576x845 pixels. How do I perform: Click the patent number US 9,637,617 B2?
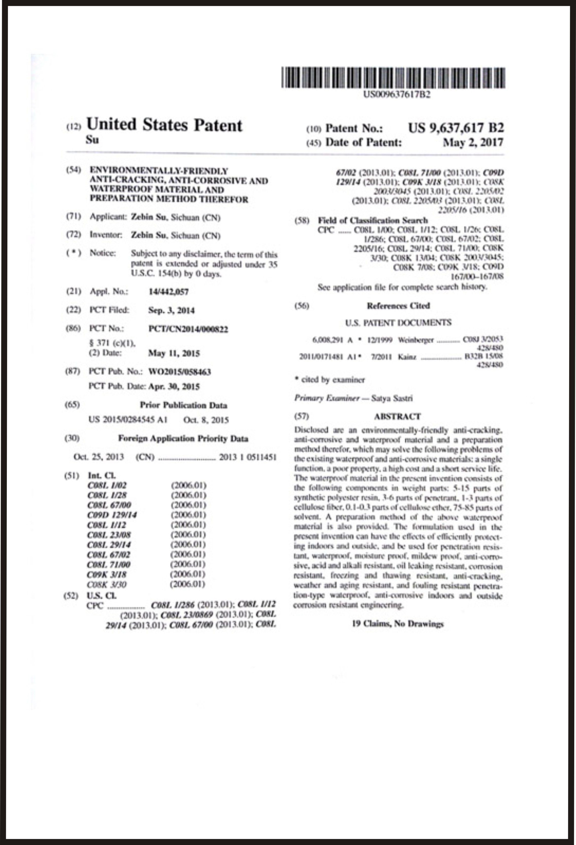456,128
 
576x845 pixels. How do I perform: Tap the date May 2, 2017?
473,142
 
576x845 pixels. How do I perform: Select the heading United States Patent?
164,125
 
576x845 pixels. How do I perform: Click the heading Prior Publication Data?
183,405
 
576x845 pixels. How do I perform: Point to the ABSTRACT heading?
397,416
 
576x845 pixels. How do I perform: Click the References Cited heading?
398,306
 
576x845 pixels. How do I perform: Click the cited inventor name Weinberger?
415,340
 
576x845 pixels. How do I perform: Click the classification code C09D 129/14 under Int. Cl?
112,515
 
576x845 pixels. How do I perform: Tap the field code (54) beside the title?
73,170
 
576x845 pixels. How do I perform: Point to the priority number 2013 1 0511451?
248,457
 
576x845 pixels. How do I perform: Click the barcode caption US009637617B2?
397,94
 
